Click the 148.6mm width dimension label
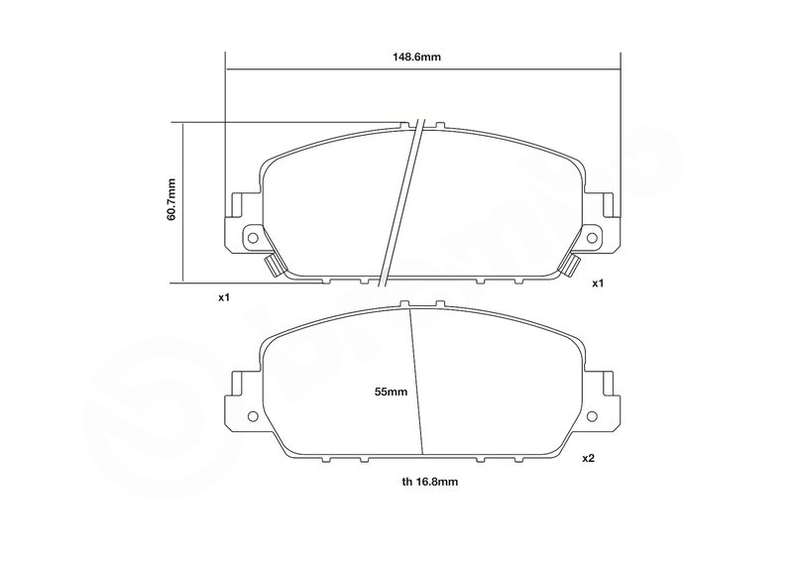coord(416,56)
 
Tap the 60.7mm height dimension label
coord(170,199)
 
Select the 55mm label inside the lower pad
coord(391,392)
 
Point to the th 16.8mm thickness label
coord(430,482)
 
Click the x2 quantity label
coord(588,458)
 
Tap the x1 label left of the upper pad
coord(224,297)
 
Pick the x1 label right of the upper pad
coord(599,283)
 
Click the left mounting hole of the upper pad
coord(253,237)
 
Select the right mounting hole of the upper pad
coord(592,237)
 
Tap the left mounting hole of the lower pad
coord(253,416)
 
